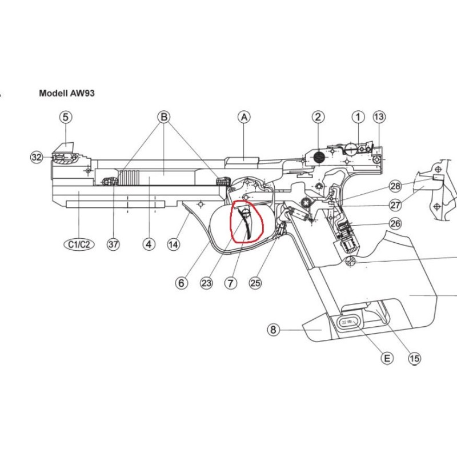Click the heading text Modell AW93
(66, 93)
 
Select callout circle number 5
(66, 117)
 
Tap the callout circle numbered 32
(37, 157)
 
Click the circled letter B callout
(164, 117)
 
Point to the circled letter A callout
(244, 117)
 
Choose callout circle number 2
(318, 117)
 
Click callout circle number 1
(358, 117)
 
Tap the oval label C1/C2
(79, 244)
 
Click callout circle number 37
(113, 244)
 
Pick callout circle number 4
(149, 244)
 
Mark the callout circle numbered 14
(173, 244)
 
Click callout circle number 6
(181, 282)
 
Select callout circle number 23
(207, 282)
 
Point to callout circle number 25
(255, 282)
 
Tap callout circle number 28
(395, 186)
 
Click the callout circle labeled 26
(395, 223)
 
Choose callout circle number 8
(274, 330)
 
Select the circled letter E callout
(387, 358)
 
